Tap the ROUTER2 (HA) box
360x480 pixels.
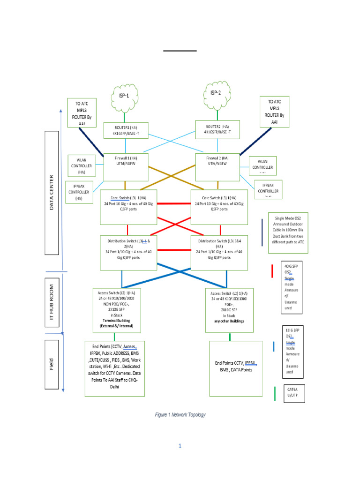pyautogui.click(x=217, y=129)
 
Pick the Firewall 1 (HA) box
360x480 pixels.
pyautogui.click(x=126, y=167)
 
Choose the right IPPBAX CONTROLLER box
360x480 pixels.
pyautogui.click(x=268, y=189)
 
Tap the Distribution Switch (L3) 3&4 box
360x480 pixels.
pyautogui.click(x=219, y=252)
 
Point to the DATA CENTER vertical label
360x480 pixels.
pyautogui.click(x=52, y=193)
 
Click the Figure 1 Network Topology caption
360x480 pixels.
pyautogui.click(x=180, y=415)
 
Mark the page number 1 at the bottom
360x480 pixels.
pyautogui.click(x=179, y=446)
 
